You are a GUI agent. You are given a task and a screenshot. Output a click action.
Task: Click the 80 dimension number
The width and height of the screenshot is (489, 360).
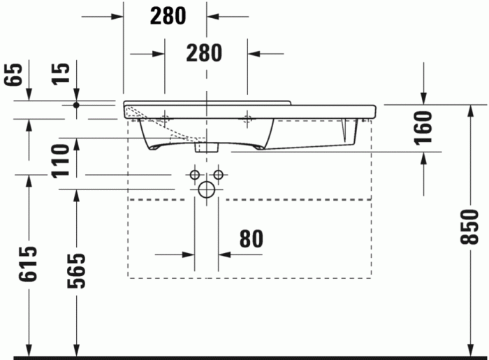(251, 238)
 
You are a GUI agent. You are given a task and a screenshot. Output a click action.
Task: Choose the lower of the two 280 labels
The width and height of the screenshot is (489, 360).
(203, 52)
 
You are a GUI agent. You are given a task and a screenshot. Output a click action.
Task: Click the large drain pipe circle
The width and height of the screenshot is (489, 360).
(206, 189)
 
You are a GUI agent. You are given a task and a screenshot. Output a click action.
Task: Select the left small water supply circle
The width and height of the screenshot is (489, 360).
(195, 173)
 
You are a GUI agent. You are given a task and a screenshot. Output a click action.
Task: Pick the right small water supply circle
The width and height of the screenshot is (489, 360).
(218, 173)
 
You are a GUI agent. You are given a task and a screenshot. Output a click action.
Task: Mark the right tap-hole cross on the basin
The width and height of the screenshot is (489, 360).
(247, 120)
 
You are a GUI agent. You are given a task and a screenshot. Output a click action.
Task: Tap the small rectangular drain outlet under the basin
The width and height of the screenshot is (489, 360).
(206, 147)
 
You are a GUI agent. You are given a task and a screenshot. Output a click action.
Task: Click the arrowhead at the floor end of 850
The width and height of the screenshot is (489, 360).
(472, 350)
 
